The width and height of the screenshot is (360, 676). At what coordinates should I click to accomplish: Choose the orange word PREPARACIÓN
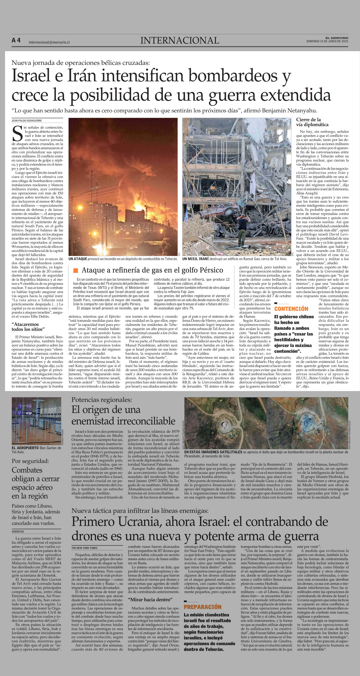point(203,607)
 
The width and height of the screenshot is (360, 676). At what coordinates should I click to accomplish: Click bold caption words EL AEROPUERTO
point(25,448)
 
